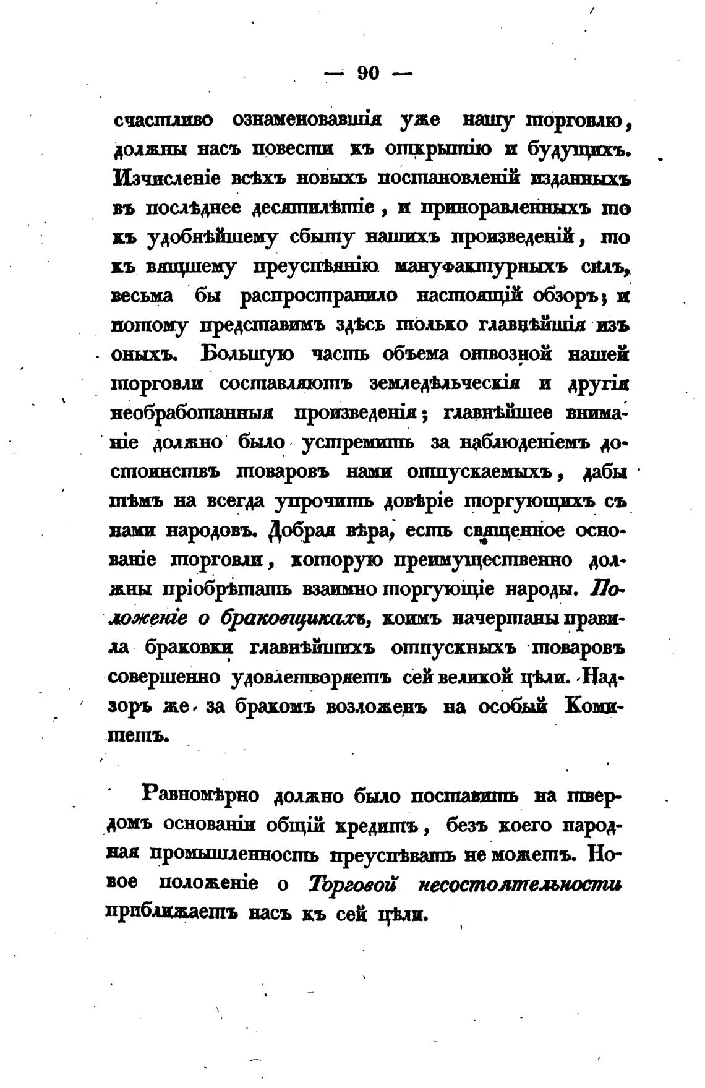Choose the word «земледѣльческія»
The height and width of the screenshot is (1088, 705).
(444, 383)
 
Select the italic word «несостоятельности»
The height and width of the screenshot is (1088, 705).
(520, 884)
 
